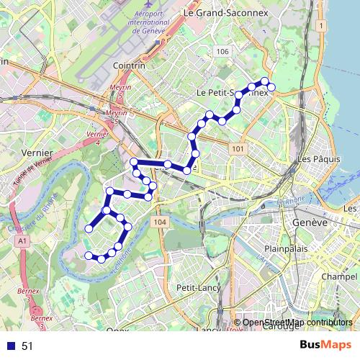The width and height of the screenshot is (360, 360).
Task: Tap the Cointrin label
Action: [129, 65]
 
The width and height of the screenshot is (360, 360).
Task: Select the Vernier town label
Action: [37, 153]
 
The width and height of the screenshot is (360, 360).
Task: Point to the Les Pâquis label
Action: [314, 158]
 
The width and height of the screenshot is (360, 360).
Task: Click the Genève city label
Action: [310, 223]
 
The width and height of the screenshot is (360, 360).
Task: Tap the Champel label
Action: [340, 276]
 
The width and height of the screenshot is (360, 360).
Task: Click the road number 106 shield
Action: [222, 51]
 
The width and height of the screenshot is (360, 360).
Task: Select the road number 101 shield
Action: [238, 148]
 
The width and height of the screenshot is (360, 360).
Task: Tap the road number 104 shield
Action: [160, 222]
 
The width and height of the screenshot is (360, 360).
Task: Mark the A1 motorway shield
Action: [23, 240]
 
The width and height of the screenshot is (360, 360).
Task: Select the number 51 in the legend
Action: [27, 346]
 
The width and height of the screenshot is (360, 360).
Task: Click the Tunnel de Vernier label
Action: [27, 173]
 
